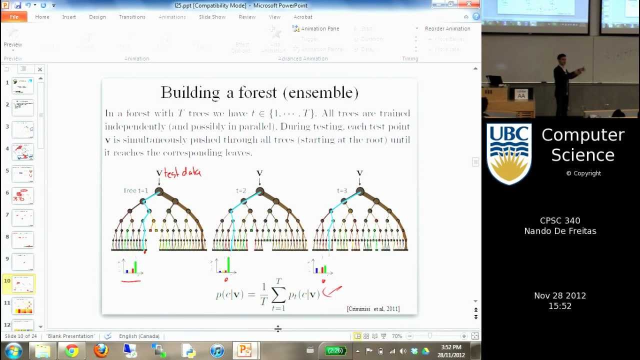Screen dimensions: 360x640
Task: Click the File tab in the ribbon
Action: point(14,17)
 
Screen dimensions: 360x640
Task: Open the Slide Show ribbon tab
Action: point(212,17)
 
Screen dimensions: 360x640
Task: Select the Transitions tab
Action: point(132,17)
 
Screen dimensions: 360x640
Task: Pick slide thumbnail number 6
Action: point(23,195)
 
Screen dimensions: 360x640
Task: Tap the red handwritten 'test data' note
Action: point(182,172)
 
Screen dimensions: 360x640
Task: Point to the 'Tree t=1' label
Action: point(136,190)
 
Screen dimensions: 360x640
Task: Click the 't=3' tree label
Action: point(341,190)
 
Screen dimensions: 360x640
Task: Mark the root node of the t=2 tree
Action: point(259,191)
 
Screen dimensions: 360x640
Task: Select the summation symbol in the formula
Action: point(278,295)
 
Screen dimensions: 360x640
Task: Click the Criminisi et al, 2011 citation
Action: point(373,309)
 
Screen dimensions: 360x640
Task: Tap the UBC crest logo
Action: point(509,154)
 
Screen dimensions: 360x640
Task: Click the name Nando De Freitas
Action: point(560,231)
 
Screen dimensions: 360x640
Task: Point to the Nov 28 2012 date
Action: point(559,295)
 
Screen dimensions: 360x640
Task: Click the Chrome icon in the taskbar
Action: point(72,350)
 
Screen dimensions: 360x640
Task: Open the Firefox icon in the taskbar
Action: point(101,350)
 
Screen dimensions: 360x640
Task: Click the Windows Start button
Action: point(13,350)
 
